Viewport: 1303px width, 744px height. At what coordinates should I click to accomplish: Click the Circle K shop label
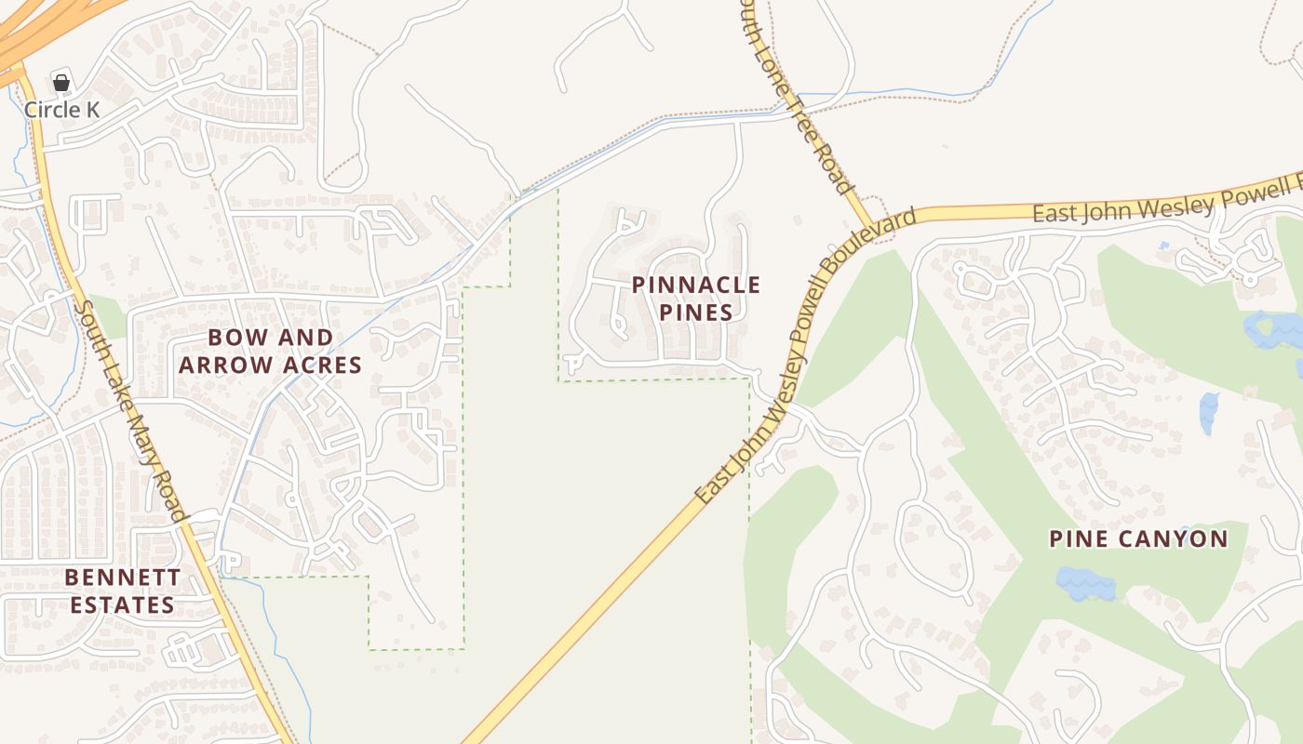tap(61, 110)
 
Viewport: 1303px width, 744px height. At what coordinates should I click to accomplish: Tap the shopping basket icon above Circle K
tap(61, 83)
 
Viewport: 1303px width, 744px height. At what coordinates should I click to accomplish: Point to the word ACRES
tap(320, 365)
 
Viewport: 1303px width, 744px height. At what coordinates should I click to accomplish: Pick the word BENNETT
tap(123, 578)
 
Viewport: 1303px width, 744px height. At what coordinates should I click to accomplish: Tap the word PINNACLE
tap(696, 285)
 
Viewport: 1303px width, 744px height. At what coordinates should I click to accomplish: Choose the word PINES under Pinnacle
tap(696, 312)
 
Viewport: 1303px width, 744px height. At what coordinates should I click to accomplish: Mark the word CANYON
tap(1176, 538)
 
